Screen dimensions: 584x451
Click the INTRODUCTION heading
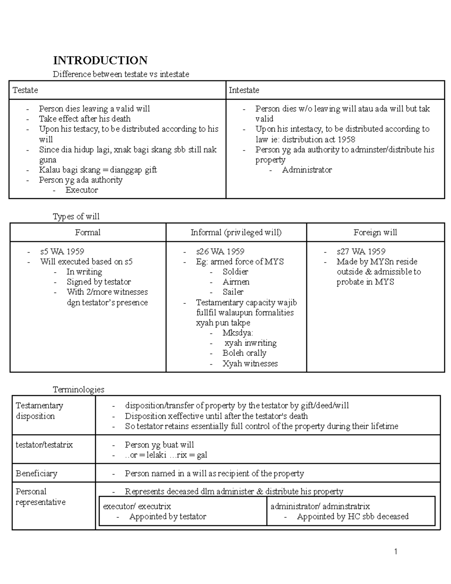pos(100,60)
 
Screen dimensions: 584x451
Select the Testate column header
pos(25,90)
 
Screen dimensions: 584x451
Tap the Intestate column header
pos(244,90)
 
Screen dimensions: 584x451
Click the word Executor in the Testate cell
pos(82,190)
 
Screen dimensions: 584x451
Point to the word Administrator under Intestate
pos(307,170)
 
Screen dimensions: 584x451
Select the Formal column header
pos(88,232)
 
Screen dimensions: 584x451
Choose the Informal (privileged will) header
pos(236,232)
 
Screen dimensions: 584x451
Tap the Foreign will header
pos(375,232)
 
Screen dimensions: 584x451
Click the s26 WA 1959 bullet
pos(220,252)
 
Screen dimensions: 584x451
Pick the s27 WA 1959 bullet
pos(361,252)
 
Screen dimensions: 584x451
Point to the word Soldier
pos(235,272)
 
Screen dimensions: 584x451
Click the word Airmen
pos(236,282)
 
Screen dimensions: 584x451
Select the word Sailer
pos(233,292)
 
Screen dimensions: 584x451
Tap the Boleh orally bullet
pos(244,353)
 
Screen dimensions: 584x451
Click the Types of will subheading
pos(76,217)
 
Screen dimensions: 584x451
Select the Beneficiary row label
pos(36,473)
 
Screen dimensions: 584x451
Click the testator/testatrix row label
pos(44,445)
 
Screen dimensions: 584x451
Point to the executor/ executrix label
pos(137,506)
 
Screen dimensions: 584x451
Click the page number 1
pos(396,552)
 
